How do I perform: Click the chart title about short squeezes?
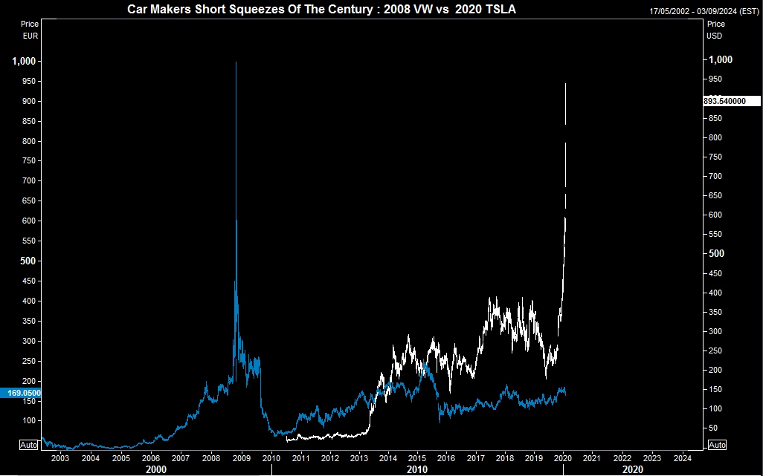(321, 10)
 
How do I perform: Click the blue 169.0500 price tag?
(21, 394)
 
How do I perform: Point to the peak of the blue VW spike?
(236, 62)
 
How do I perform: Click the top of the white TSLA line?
(566, 85)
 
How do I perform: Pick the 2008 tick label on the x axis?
(210, 458)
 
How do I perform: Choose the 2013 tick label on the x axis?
(359, 458)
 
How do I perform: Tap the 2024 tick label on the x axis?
(682, 458)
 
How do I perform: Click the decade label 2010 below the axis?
(417, 470)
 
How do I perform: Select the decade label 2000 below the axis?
(155, 470)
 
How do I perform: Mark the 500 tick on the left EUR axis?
(28, 261)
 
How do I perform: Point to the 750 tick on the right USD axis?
(713, 157)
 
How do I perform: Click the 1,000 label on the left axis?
(25, 61)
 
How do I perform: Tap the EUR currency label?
(30, 35)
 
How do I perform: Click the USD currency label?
(715, 35)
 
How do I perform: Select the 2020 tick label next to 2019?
(563, 458)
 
